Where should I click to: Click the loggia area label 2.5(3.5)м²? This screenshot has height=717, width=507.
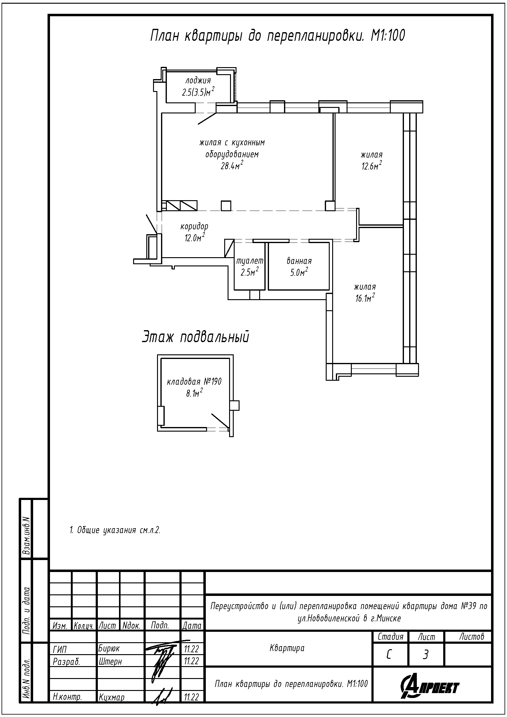coord(198,92)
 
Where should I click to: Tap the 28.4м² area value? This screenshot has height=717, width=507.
coord(232,166)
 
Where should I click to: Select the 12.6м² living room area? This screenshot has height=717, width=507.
coord(372,166)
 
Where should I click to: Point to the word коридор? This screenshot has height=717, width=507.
coord(194,226)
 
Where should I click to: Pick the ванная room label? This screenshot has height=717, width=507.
coord(299,261)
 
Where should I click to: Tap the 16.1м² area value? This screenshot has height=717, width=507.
coord(365,298)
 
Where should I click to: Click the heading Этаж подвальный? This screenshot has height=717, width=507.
coord(196,337)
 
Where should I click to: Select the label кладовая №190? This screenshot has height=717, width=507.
coord(194,382)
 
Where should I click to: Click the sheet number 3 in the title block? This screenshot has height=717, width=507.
coord(425,655)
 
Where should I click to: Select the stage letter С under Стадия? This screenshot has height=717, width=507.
coord(389,655)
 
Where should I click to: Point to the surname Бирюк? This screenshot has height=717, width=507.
coord(109,648)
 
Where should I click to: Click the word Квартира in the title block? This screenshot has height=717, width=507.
coord(287,648)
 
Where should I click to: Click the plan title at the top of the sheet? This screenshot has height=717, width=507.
coord(277,36)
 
